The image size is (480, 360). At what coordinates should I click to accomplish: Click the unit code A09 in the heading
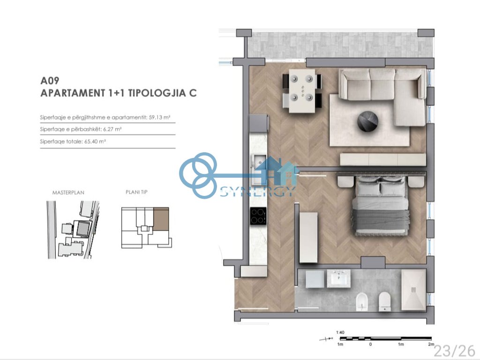51,81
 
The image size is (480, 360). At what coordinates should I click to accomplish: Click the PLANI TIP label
136,192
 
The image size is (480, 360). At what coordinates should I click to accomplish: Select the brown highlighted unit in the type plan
160,218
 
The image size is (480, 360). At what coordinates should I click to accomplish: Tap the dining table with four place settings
301,91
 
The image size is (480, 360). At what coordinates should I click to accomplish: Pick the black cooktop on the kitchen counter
258,216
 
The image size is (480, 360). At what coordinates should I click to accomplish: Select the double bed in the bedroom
380,208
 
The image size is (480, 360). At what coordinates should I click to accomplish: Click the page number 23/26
454,350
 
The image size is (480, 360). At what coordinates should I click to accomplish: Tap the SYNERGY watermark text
258,191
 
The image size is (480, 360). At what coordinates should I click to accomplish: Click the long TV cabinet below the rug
382,159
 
